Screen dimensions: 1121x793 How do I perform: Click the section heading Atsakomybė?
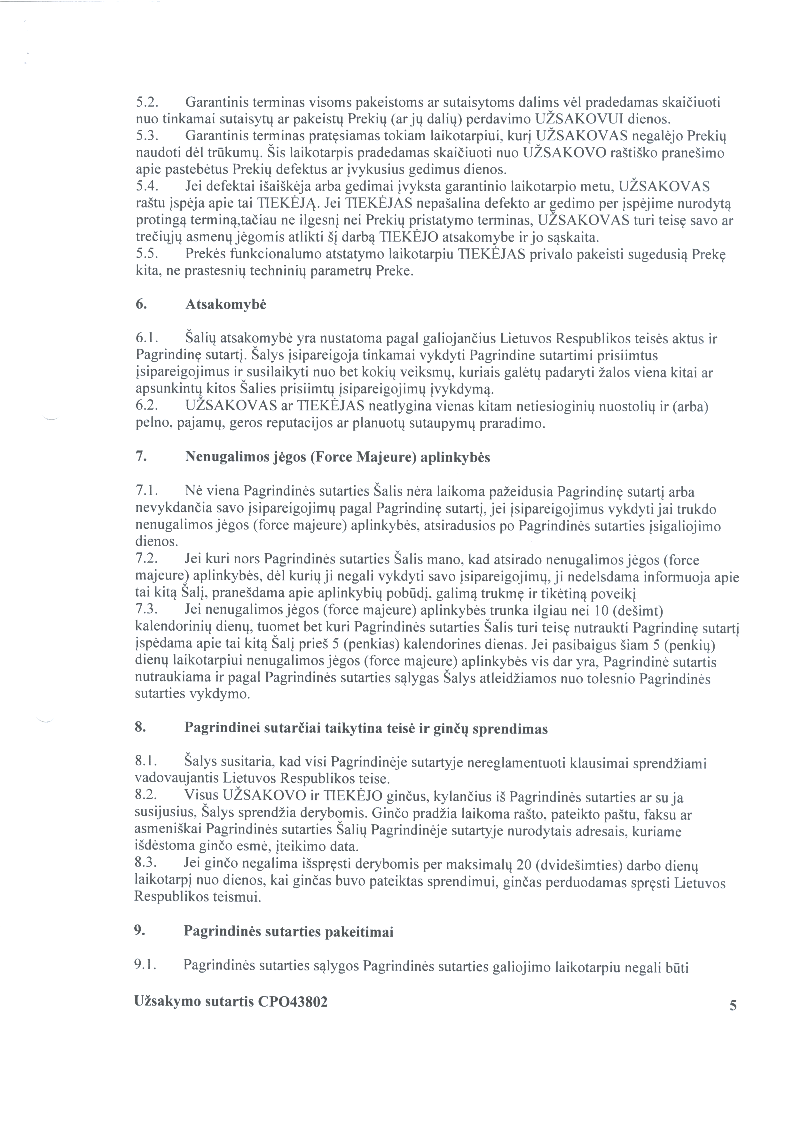coord(226,305)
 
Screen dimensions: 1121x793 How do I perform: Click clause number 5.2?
coord(145,103)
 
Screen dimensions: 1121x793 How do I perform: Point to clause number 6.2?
coord(145,406)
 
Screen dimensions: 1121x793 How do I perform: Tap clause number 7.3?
coord(145,610)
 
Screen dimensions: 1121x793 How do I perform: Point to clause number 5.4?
coord(145,186)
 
